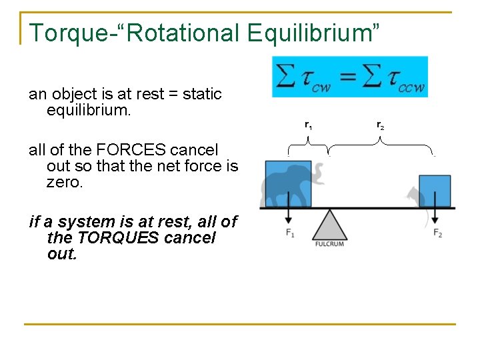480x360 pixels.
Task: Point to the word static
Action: [201, 94]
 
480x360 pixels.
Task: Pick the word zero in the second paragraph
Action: [64, 182]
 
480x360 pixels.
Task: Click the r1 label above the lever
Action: [308, 125]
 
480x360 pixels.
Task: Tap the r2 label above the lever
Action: [380, 125]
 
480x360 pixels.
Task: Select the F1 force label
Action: [289, 233]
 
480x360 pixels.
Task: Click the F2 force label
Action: [437, 233]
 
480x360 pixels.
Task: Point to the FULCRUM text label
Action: [329, 244]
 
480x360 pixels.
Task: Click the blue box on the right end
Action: [435, 190]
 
